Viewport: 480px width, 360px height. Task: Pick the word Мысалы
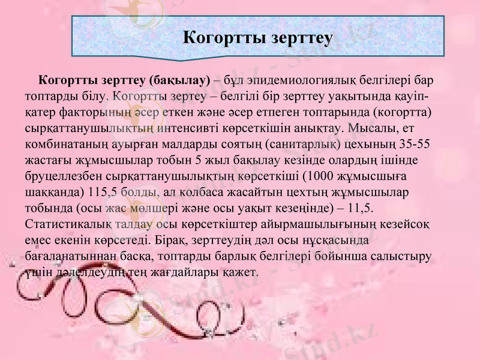click(x=365, y=128)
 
